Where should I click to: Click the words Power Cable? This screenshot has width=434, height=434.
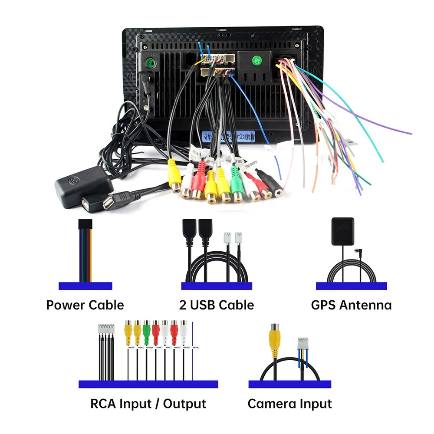(x=85, y=305)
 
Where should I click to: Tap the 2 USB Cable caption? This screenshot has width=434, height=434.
(x=217, y=305)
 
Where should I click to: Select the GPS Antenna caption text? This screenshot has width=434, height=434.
(x=351, y=305)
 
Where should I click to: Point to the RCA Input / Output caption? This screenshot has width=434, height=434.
(x=148, y=404)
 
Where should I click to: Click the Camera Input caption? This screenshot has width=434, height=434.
(x=289, y=404)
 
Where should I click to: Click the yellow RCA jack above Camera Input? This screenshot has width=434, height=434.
(x=274, y=336)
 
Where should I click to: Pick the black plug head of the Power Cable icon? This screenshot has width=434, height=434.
(x=85, y=225)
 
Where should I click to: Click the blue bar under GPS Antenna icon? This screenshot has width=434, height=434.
(x=351, y=286)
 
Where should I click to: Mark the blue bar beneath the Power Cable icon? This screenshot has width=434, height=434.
(x=85, y=286)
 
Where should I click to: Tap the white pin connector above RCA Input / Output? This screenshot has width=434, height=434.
(x=105, y=329)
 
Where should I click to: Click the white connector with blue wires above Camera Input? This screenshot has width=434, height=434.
(x=302, y=344)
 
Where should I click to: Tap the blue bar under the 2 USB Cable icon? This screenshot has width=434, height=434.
(x=217, y=286)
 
